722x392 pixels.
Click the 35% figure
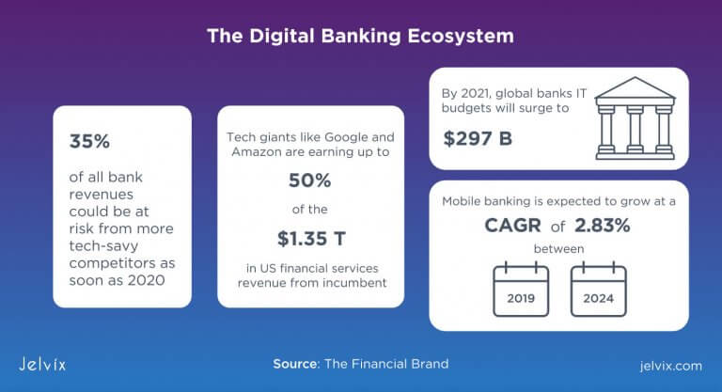[90, 142]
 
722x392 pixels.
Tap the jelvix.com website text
[667, 364]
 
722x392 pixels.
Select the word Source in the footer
[295, 364]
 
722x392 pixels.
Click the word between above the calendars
[558, 249]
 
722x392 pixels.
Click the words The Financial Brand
[386, 364]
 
